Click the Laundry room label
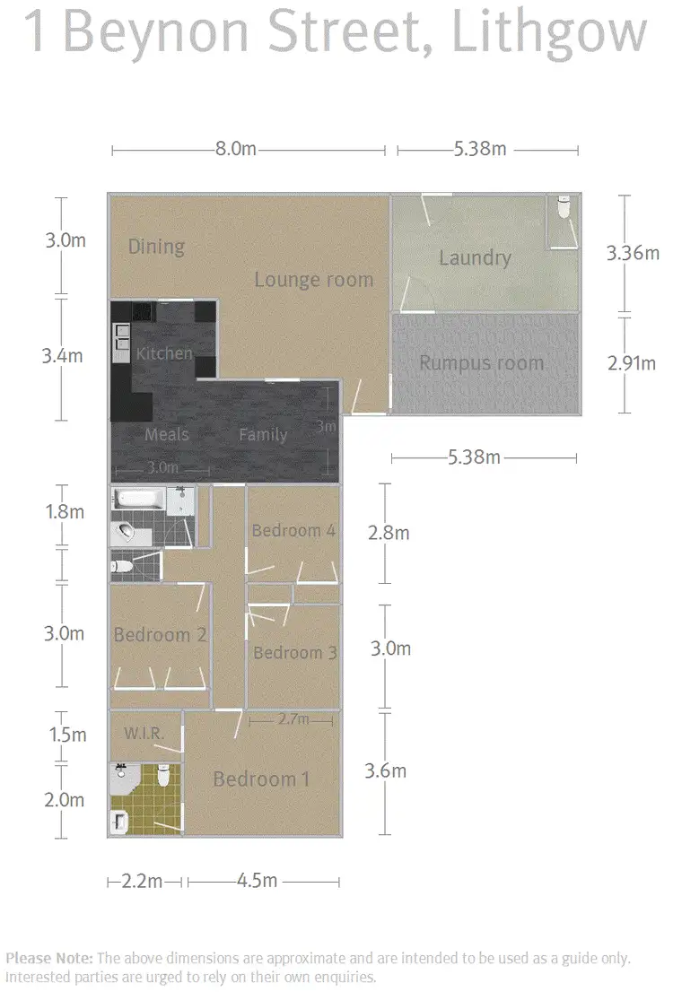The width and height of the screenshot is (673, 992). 475,258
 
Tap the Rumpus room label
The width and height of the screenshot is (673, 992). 482,363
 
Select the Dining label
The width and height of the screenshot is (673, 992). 156,247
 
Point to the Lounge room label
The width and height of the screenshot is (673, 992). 313,279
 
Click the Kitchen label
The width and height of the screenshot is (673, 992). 164,353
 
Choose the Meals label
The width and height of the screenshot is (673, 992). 167,434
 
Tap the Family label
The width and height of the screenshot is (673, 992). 263,435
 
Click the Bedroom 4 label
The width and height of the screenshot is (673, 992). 293,530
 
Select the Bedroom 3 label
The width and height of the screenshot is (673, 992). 294,652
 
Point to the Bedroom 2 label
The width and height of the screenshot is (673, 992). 160,635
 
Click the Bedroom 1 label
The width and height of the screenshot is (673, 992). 261,779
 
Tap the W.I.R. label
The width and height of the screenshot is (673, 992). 144,734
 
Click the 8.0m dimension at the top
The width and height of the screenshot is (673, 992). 236,150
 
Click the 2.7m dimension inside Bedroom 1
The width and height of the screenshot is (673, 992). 293,719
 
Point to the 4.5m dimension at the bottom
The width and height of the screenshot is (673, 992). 257,881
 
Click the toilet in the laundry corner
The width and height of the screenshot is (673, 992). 564,208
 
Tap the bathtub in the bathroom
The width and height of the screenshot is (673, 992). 139,499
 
